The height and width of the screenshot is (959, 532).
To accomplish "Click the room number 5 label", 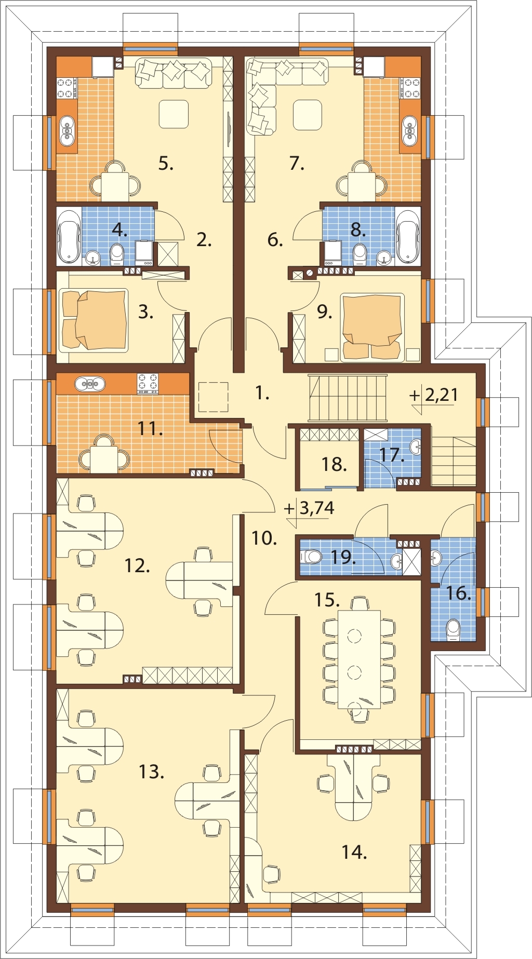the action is [166, 164].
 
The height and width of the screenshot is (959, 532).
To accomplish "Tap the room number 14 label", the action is [354, 852].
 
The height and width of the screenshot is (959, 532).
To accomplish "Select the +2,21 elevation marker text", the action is [434, 395].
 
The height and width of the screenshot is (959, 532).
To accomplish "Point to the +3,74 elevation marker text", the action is [310, 508].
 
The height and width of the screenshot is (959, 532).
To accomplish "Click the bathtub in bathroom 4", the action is [69, 236].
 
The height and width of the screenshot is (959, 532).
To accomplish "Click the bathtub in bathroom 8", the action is [408, 236].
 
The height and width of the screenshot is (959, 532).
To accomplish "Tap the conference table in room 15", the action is [360, 659].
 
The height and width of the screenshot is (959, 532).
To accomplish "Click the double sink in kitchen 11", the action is [90, 384].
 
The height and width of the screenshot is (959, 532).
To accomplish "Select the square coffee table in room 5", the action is [174, 114].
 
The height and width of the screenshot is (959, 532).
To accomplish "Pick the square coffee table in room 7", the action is [308, 115].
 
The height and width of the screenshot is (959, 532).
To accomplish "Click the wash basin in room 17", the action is [416, 446].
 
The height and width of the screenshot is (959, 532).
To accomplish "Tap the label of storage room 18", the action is [334, 464].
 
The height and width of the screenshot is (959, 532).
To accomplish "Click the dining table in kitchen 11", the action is [104, 459].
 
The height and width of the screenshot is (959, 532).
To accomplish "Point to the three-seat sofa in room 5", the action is [174, 73].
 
